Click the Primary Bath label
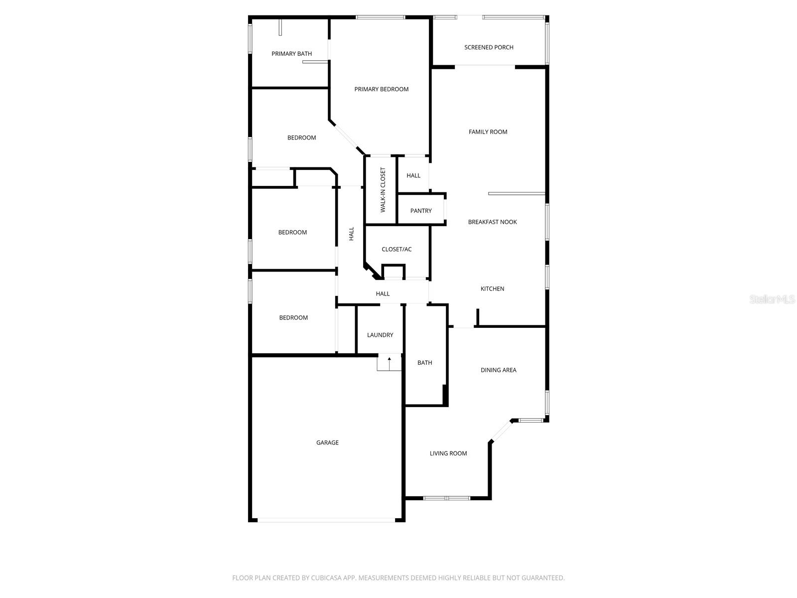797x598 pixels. [291, 54]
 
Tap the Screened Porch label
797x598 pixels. [489, 47]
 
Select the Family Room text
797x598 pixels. [488, 132]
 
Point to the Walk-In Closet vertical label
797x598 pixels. [383, 190]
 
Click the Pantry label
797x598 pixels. [421, 211]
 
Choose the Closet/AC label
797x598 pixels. [397, 249]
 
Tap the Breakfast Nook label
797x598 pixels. [492, 222]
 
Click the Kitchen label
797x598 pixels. [492, 289]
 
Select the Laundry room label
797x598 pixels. [380, 335]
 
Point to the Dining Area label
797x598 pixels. [498, 370]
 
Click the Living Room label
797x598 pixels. [448, 453]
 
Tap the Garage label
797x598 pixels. [327, 442]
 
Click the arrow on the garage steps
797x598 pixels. [389, 363]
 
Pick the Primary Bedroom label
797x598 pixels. [381, 89]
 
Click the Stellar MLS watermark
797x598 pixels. [772, 299]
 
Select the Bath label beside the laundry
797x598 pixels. [424, 362]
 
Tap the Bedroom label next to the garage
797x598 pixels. [293, 318]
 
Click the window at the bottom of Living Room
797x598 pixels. [447, 498]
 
